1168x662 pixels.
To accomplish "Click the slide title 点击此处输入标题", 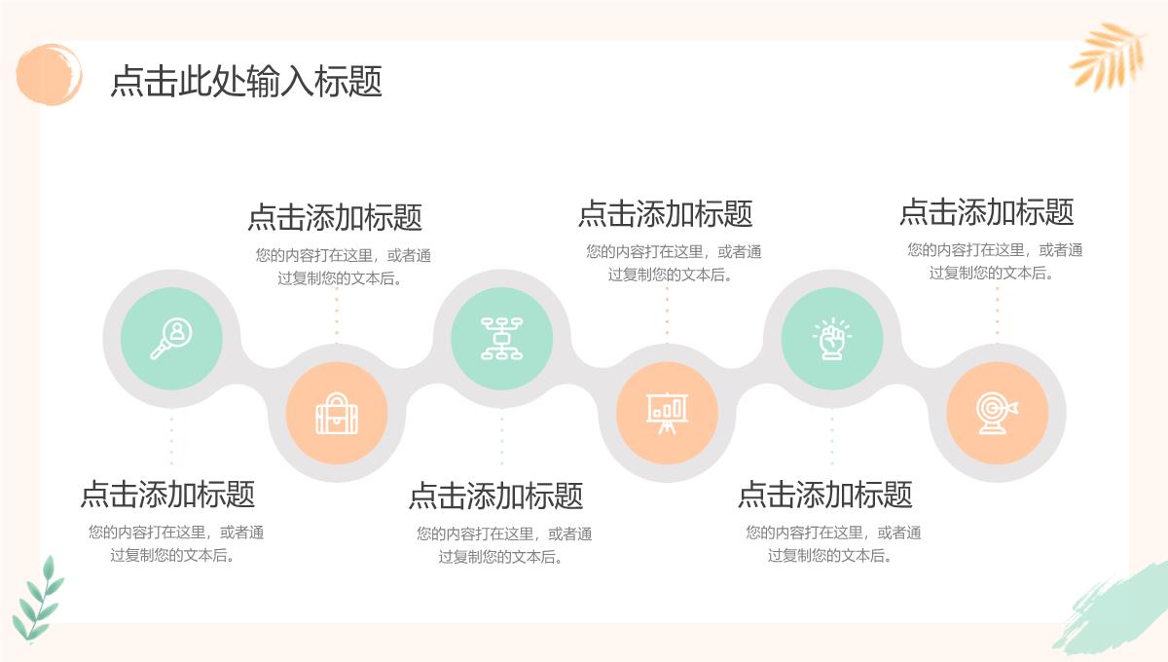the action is pyautogui.click(x=246, y=81).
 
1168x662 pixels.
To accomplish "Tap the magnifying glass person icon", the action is pyautogui.click(x=171, y=339).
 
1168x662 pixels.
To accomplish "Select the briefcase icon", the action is pyautogui.click(x=337, y=414).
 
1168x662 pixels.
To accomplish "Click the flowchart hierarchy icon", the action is pyautogui.click(x=501, y=339).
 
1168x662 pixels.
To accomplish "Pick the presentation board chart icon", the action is pyautogui.click(x=667, y=413).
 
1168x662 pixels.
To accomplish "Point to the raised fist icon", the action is pyautogui.click(x=831, y=339).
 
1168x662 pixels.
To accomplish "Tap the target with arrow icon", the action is pyautogui.click(x=997, y=413).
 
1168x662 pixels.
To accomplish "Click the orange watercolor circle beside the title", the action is pyautogui.click(x=49, y=74).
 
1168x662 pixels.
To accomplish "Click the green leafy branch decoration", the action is pyautogui.click(x=38, y=599).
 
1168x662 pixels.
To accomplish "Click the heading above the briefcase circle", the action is pyautogui.click(x=335, y=217).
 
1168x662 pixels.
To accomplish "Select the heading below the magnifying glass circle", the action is pyautogui.click(x=167, y=494).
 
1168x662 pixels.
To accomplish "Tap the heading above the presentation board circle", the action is pyautogui.click(x=666, y=213).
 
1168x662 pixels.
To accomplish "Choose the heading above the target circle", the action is pyautogui.click(x=987, y=211).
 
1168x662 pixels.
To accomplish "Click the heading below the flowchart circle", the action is pyautogui.click(x=495, y=496).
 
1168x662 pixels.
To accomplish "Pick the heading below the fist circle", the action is pyautogui.click(x=825, y=494).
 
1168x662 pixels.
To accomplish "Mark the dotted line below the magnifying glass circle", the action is pyautogui.click(x=171, y=438).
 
